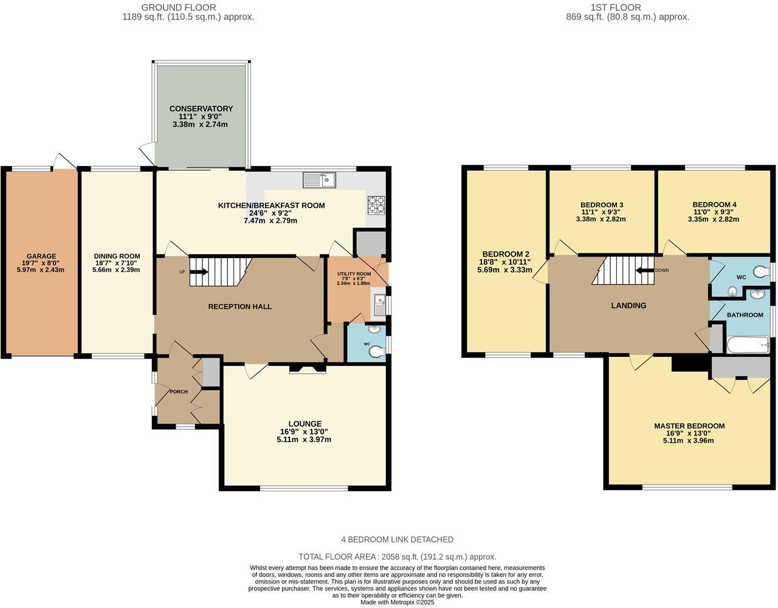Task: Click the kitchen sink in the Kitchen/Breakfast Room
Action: point(319,179)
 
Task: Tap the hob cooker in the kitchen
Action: point(376,205)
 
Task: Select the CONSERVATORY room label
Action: point(201,109)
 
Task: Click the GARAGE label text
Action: point(41,257)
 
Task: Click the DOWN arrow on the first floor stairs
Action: point(644,271)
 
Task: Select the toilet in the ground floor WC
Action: point(377,350)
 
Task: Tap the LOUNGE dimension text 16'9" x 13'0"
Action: point(305,432)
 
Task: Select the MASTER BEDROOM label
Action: point(689,426)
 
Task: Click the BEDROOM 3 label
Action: point(601,205)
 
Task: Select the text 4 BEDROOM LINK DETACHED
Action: point(397,539)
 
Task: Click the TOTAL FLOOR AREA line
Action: point(397,556)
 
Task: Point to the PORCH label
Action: point(178,392)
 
